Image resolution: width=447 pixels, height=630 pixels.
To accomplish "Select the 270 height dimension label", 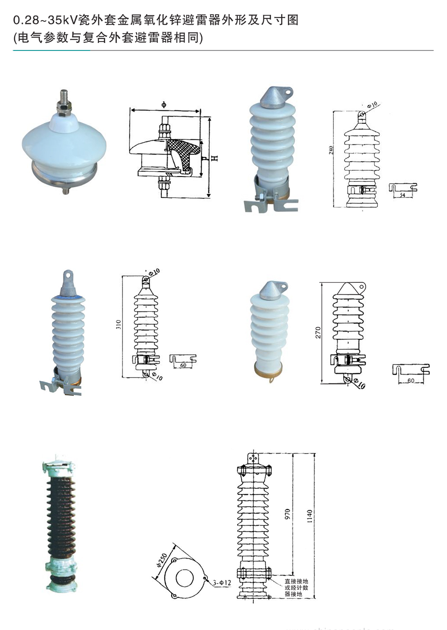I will point(318,332).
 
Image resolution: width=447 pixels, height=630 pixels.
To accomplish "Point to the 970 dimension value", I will point(287,514).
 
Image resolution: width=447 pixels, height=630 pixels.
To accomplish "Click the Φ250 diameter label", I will point(162,560).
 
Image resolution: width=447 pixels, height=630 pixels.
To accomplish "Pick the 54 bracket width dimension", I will point(402,195).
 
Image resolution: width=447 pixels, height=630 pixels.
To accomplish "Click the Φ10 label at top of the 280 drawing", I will point(372,105).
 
